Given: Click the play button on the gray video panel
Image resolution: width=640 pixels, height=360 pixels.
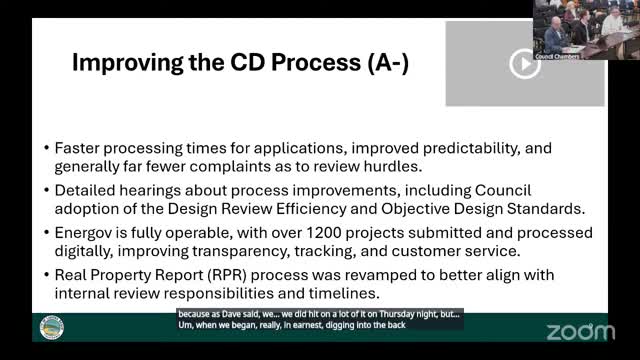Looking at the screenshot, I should click(524, 64).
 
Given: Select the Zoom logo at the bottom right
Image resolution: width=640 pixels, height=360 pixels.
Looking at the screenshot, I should click(580, 331).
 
